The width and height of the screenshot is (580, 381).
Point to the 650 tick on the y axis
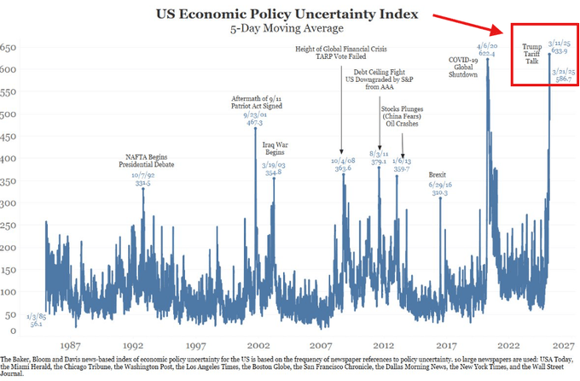[9, 47]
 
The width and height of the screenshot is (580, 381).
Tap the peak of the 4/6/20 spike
[488, 59]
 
